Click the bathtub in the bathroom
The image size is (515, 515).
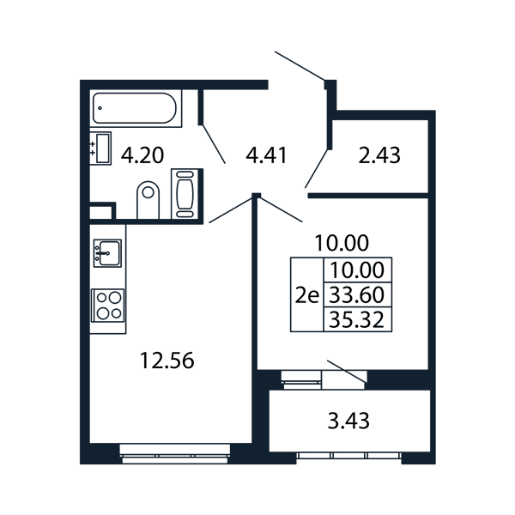[136, 108]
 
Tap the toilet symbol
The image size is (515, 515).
[148, 200]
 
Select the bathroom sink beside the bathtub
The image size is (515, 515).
[100, 148]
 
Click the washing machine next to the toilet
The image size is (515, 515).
[185, 194]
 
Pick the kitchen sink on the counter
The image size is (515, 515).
[107, 253]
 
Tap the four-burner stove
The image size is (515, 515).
[108, 306]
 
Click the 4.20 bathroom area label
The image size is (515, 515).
[142, 155]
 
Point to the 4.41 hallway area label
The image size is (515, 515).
[266, 155]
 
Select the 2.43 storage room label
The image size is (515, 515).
[379, 155]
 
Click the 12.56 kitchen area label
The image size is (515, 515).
[167, 360]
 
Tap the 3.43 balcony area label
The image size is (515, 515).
[348, 421]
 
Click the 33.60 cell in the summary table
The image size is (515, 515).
[357, 294]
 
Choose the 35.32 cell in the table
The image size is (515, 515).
[357, 319]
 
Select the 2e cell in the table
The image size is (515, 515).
[307, 295]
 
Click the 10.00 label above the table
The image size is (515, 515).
[342, 243]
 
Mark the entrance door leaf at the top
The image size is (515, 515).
[300, 66]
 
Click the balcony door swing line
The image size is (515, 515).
[347, 372]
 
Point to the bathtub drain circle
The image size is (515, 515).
[100, 108]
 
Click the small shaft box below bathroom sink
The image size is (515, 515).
[101, 212]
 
